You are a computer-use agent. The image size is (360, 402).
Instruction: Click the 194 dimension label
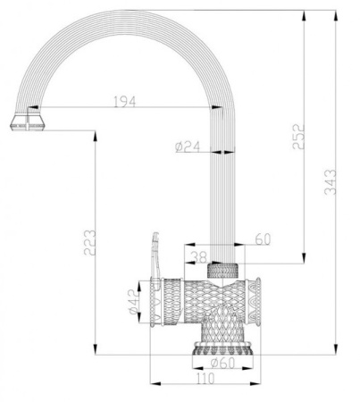[126, 102]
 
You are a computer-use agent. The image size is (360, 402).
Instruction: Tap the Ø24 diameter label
[186, 147]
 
